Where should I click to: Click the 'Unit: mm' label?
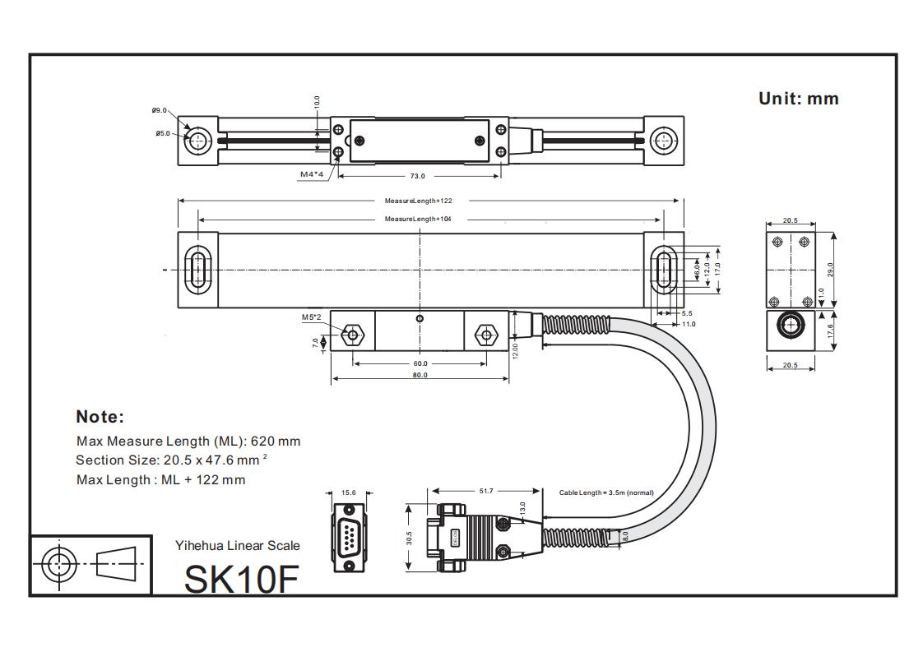(x=798, y=99)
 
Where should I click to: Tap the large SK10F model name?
(x=240, y=578)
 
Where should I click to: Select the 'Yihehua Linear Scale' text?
(x=237, y=545)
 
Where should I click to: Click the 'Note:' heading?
(x=100, y=416)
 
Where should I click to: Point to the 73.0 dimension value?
(x=417, y=176)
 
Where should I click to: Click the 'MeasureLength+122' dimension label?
(x=418, y=201)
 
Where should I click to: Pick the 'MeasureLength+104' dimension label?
(x=418, y=219)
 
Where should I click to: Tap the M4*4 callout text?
(x=312, y=174)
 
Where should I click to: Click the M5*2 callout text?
(x=311, y=317)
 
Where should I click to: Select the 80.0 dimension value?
(x=420, y=376)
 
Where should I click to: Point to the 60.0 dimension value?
(x=420, y=363)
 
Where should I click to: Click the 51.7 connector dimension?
(x=486, y=491)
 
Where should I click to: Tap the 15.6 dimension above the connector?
(x=349, y=492)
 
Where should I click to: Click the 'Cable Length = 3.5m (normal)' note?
(x=606, y=492)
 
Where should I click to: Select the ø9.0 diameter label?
(x=159, y=110)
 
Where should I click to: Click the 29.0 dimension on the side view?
(x=830, y=270)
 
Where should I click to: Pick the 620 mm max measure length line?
(x=188, y=441)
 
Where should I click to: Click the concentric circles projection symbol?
(x=58, y=565)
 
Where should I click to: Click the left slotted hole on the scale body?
(x=197, y=269)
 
